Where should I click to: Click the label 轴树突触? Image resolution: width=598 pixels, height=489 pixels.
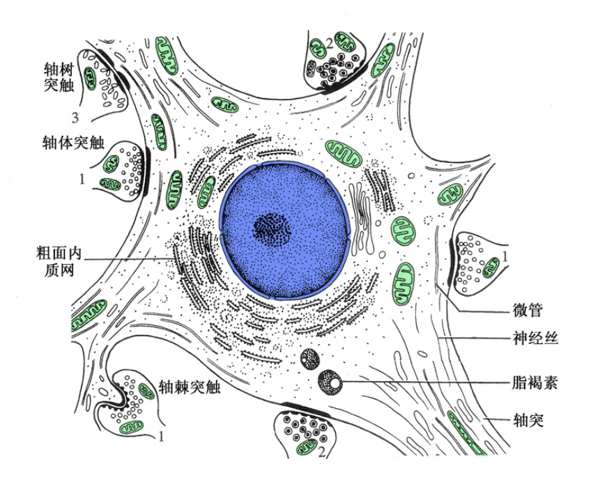pos(59,77)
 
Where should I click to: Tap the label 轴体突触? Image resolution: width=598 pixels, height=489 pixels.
pos(73,143)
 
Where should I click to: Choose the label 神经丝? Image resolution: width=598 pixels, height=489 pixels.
pos(535,338)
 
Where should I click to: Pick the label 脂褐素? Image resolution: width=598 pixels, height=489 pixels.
pos(535,382)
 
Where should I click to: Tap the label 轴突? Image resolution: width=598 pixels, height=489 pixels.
pos(528,420)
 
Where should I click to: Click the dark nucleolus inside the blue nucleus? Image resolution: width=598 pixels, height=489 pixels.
pos(272,229)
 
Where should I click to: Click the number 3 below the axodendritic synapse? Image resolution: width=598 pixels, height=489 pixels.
pos(75,118)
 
